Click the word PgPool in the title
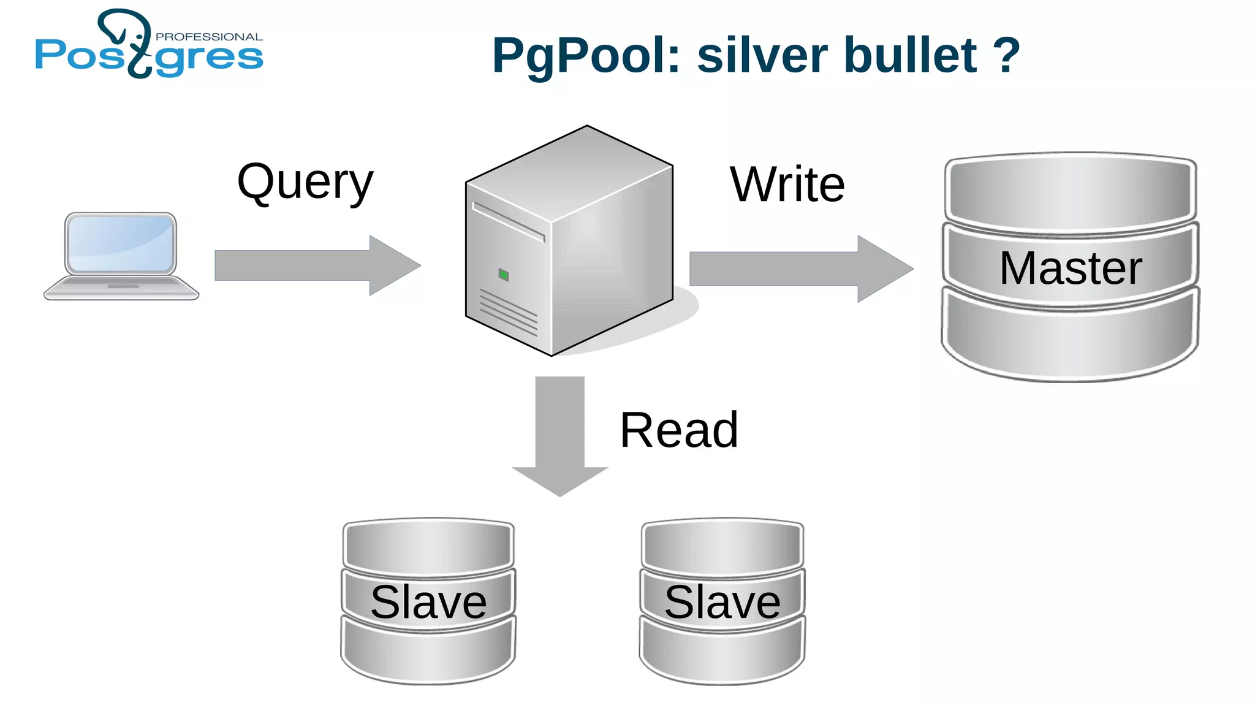tap(586, 56)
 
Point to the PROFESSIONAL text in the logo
tap(209, 37)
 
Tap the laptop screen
tap(121, 243)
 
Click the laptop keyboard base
tap(121, 288)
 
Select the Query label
tap(305, 183)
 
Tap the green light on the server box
tap(504, 275)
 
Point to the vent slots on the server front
tap(508, 313)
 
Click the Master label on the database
tap(1071, 268)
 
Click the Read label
tap(679, 430)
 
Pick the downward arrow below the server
tap(559, 435)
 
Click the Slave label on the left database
tap(428, 602)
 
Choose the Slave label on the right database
tap(722, 602)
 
